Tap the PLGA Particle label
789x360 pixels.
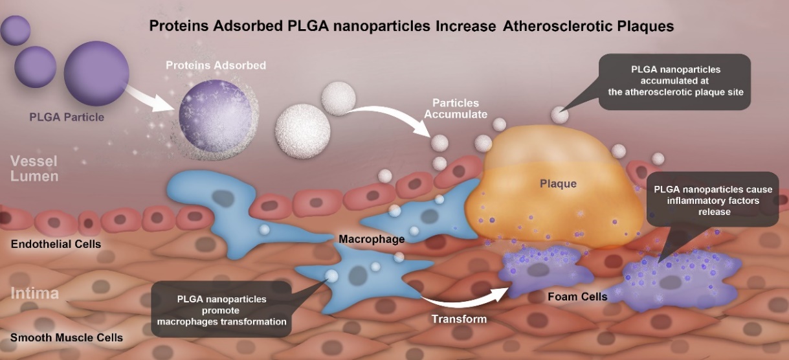[x=67, y=118]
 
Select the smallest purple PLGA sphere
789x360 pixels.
[x=15, y=30]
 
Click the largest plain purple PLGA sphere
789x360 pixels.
[x=96, y=73]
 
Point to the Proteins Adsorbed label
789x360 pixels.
[x=216, y=65]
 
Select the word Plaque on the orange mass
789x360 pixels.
[x=558, y=184]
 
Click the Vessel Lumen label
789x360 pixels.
[x=34, y=168]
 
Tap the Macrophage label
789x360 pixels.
[x=372, y=240]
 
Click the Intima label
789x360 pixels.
[x=34, y=293]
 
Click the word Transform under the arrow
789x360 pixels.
[x=459, y=319]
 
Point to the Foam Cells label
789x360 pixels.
[x=577, y=297]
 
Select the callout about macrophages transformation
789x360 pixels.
[x=222, y=309]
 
